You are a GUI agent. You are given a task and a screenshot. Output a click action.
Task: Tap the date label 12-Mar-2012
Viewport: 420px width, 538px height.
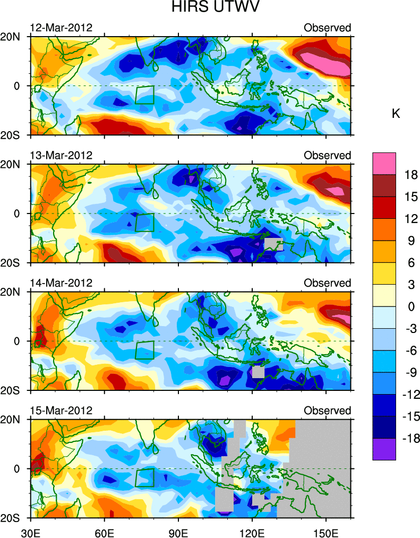(x=61, y=28)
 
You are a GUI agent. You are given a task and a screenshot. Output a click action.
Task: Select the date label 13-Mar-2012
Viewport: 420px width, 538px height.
(x=61, y=155)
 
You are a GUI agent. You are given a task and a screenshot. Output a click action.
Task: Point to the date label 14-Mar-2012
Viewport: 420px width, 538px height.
(x=61, y=283)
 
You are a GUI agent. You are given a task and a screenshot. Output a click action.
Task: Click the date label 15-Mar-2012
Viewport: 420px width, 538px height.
(x=61, y=411)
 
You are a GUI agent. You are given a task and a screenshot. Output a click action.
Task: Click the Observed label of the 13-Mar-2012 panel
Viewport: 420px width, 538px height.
(x=327, y=155)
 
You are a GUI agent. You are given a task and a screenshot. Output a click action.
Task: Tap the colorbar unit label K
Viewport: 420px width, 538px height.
(x=396, y=113)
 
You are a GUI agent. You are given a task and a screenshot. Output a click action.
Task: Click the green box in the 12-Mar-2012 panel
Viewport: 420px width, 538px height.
(x=144, y=95)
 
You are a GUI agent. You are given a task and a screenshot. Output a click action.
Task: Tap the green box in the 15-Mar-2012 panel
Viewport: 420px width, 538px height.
(x=144, y=477)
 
